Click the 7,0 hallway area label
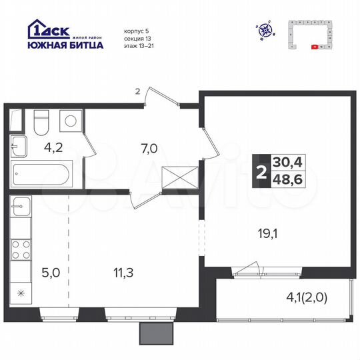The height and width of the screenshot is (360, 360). pos(148,149)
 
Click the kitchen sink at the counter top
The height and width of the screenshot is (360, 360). pos(21,207)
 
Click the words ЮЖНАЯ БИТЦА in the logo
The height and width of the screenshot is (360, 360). pos(65,45)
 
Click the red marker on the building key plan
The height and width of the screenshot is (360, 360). pos(315,47)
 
